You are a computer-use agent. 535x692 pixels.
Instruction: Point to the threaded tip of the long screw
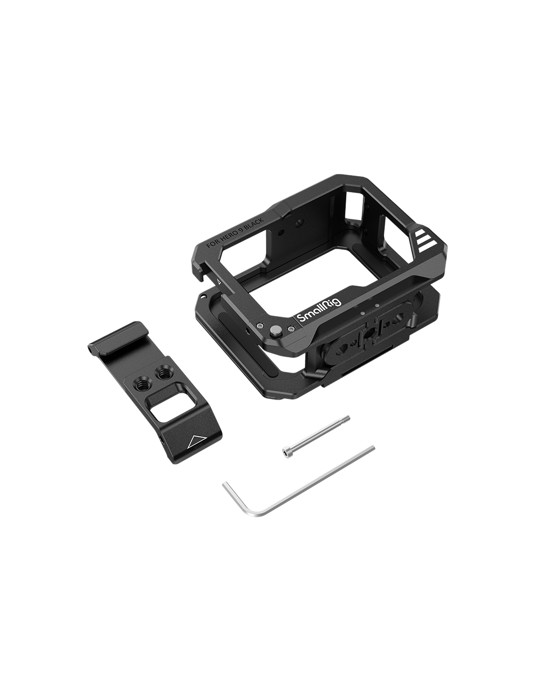point(345,418)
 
